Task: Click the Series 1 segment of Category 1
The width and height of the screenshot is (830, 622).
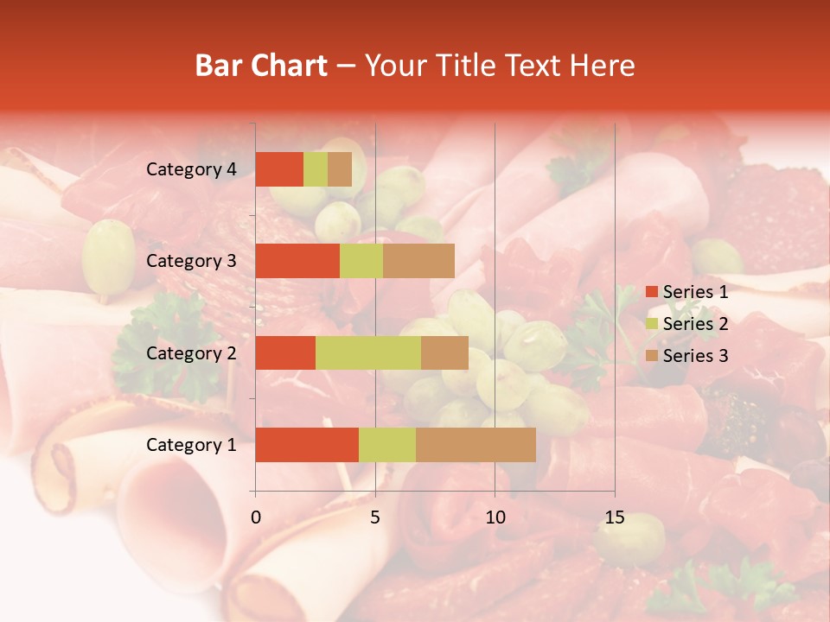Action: pos(307,444)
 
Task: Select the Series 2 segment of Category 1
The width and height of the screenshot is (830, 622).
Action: pos(386,444)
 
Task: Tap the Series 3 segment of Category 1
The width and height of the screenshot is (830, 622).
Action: pos(476,444)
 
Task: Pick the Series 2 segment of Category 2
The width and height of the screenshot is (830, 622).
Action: pos(367,352)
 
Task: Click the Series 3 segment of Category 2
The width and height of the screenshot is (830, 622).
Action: pos(444,352)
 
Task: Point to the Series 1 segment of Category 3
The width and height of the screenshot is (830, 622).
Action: pos(297,261)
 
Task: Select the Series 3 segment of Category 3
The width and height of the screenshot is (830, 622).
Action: pos(418,261)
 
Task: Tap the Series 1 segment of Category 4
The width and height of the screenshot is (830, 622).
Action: pos(279,169)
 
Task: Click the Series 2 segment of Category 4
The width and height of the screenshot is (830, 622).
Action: pos(316,169)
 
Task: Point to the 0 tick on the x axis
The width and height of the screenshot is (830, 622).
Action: pos(256,518)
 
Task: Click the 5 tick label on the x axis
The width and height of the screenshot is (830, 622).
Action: pos(375,518)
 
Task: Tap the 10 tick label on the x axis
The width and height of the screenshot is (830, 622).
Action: pos(495,518)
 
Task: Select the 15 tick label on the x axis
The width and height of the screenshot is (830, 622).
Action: pos(614,518)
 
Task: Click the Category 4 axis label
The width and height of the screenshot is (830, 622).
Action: pos(191,169)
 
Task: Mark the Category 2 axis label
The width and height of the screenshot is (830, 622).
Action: pos(191,352)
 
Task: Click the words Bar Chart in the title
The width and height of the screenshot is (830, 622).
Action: pos(261,66)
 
